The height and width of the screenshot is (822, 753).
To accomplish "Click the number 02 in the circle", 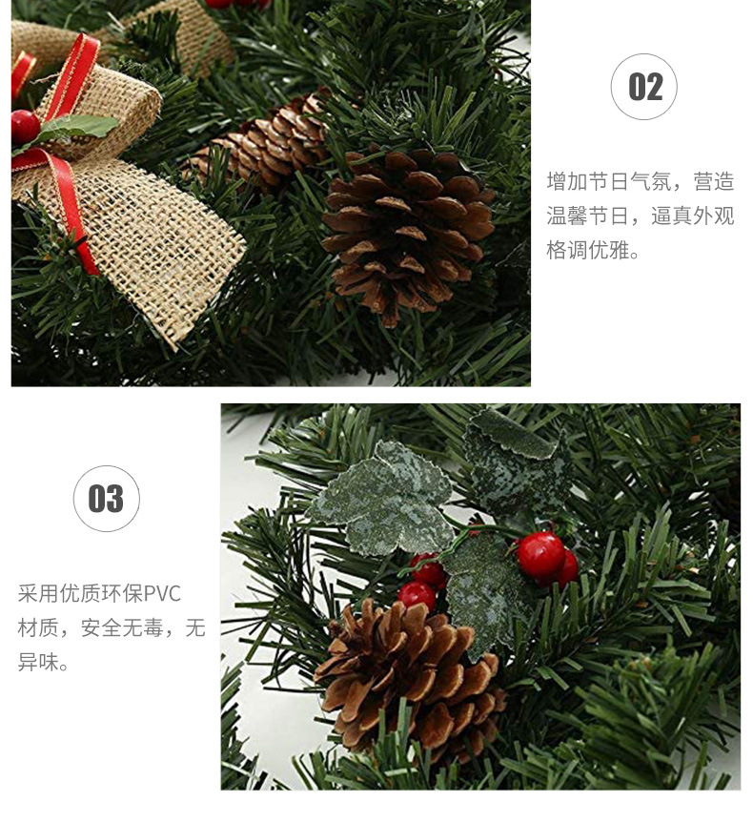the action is tap(644, 87).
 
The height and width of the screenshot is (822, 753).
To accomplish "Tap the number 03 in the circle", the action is tap(106, 499).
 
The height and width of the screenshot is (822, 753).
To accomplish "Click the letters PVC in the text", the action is tap(162, 594).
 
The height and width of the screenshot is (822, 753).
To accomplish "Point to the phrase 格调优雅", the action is tap(587, 250).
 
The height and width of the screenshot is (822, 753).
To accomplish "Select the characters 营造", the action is tap(714, 181).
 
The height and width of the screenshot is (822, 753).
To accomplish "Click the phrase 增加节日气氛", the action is tap(608, 181).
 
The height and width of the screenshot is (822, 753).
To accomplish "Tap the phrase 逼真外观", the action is tap(693, 216).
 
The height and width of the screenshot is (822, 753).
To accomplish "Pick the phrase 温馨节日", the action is tap(587, 216).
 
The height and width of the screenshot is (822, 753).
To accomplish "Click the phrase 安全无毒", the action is tap(122, 628).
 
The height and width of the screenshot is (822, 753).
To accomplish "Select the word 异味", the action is tap(38, 662).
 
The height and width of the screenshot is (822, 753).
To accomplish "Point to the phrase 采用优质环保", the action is tap(80, 594).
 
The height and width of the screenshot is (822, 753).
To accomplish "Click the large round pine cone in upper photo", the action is tap(408, 234).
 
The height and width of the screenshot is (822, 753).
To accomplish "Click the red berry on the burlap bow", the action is tap(25, 127).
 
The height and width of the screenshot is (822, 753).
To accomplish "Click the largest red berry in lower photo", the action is tap(540, 556).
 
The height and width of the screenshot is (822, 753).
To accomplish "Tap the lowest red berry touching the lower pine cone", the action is tap(417, 596).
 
